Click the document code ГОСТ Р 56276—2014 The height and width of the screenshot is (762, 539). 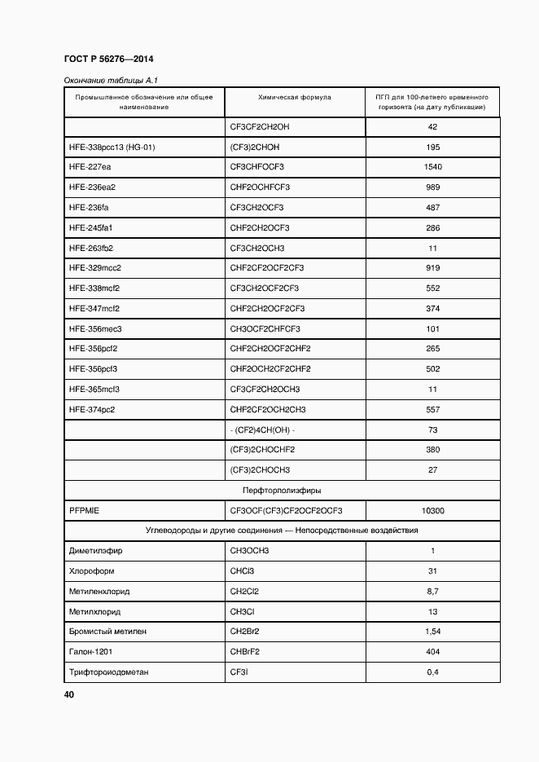tap(108, 59)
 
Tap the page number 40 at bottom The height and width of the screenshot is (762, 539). tap(69, 694)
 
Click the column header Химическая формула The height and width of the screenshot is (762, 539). tap(294, 97)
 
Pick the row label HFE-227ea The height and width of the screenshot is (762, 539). tap(90, 167)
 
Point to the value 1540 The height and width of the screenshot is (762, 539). tap(432, 167)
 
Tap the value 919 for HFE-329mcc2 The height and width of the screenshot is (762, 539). tap(432, 268)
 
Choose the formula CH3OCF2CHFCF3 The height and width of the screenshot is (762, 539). tap(265, 328)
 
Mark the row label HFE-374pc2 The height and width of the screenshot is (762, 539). tap(92, 409)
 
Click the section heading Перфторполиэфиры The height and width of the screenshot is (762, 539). tap(282, 491)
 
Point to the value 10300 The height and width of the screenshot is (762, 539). tap(432, 510)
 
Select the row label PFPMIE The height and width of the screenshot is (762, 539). tap(84, 510)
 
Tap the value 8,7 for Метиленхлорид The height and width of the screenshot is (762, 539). tap(432, 591)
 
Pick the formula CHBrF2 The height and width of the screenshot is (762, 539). tap(244, 651)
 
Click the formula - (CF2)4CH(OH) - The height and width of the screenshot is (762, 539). tap(262, 429)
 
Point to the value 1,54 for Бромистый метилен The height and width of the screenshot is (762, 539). tap(432, 632)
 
